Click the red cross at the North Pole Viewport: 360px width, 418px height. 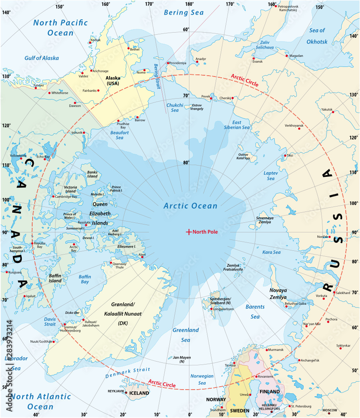pos(189,232)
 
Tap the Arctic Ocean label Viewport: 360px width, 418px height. pos(190,206)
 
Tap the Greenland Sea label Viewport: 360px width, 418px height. pos(186,335)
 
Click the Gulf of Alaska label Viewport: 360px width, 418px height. pos(41,58)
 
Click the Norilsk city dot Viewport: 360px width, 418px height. pos(329,237)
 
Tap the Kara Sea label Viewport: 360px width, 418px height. pos(272,252)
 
